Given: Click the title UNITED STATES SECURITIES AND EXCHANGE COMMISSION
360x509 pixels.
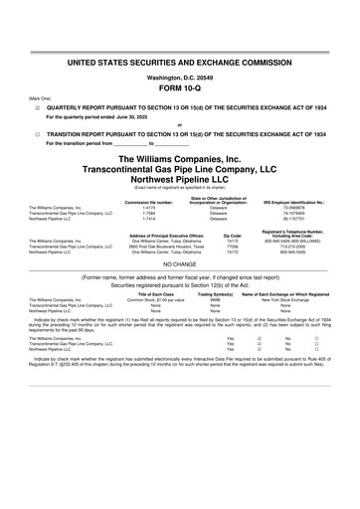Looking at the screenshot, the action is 180,62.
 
